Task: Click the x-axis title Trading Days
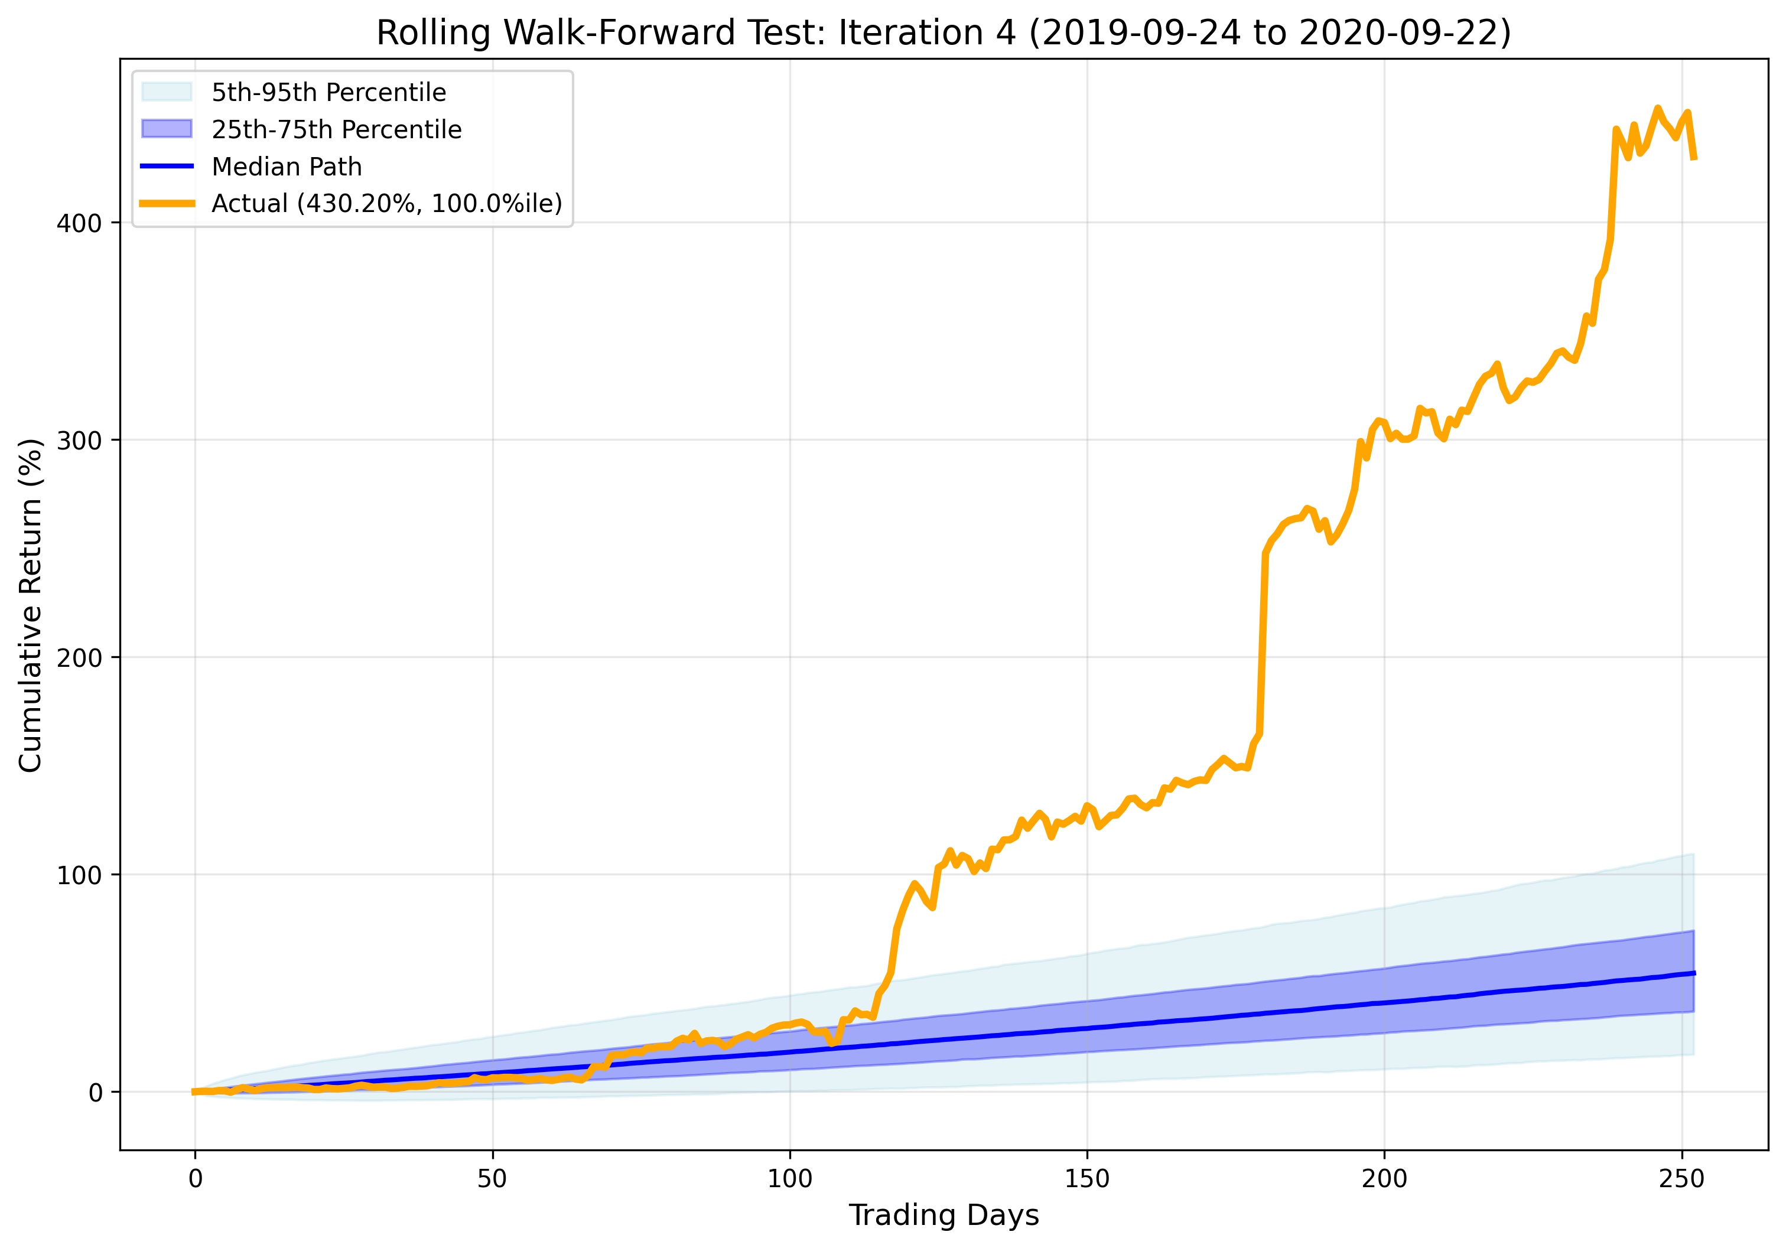[943, 1214]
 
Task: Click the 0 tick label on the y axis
[96, 1093]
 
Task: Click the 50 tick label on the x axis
[492, 1179]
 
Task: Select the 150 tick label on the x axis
[1086, 1179]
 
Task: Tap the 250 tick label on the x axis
[1681, 1179]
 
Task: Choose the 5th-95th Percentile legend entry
[328, 93]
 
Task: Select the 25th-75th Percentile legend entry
[336, 129]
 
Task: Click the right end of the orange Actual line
[1694, 159]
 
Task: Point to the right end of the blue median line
[1694, 973]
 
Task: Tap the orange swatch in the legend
[167, 204]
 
